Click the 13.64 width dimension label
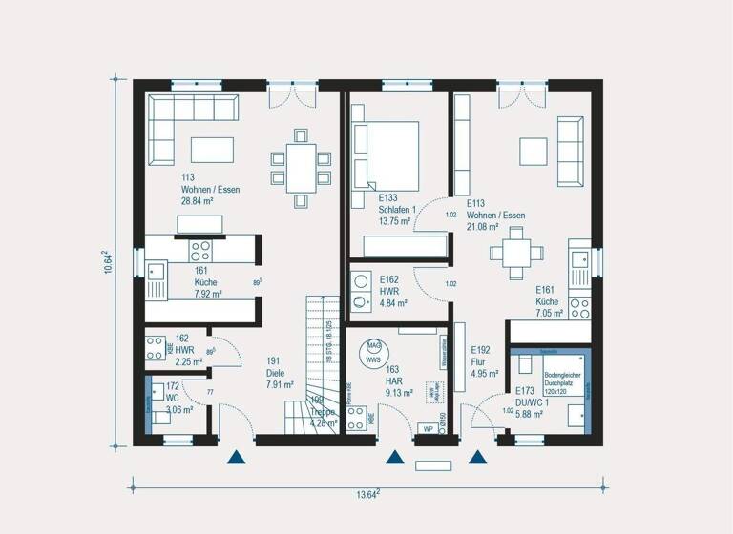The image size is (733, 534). (x=366, y=492)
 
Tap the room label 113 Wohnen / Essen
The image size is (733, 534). (x=210, y=190)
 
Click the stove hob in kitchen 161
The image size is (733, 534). (x=200, y=251)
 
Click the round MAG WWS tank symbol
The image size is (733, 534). (x=373, y=353)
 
